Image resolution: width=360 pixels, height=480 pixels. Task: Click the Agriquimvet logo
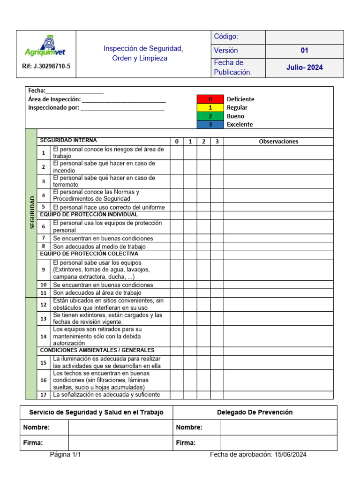point(45,47)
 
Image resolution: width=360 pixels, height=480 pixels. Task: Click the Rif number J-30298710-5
point(46,66)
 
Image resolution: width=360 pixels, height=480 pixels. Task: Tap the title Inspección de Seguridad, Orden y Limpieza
point(143,53)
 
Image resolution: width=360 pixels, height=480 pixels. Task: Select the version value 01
point(304,51)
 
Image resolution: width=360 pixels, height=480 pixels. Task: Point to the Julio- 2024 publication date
point(304,67)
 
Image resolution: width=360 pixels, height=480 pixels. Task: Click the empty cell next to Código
point(304,37)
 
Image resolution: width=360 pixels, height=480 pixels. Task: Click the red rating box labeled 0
point(210,99)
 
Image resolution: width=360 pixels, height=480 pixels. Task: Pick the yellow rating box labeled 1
point(210,108)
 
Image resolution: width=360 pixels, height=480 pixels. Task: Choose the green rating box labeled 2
point(210,116)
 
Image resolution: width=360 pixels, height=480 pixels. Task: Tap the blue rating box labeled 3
point(210,125)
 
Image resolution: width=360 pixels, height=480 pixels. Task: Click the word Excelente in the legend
point(240,125)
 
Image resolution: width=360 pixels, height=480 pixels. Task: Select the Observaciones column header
point(278,142)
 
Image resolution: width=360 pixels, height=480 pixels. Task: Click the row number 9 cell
point(43,270)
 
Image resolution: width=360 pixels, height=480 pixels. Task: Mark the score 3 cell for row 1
point(217,153)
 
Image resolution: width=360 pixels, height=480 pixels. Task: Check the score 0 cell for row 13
point(177,319)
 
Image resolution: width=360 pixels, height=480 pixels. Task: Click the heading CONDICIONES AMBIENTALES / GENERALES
point(97,350)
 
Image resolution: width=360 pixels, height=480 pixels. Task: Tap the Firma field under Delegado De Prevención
point(278,442)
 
